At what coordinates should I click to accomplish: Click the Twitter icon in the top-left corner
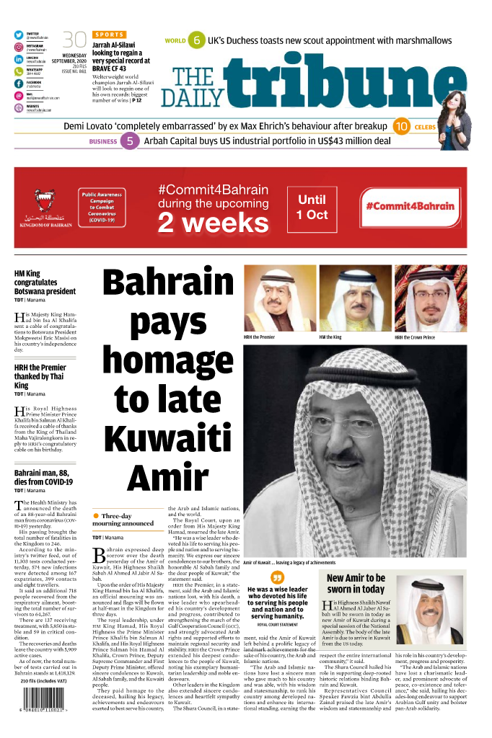19,35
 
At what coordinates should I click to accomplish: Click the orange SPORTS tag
109,35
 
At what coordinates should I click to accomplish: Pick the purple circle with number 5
129,141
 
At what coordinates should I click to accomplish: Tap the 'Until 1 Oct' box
312,208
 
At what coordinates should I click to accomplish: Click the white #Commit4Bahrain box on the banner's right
409,206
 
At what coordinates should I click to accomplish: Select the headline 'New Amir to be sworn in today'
356,584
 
